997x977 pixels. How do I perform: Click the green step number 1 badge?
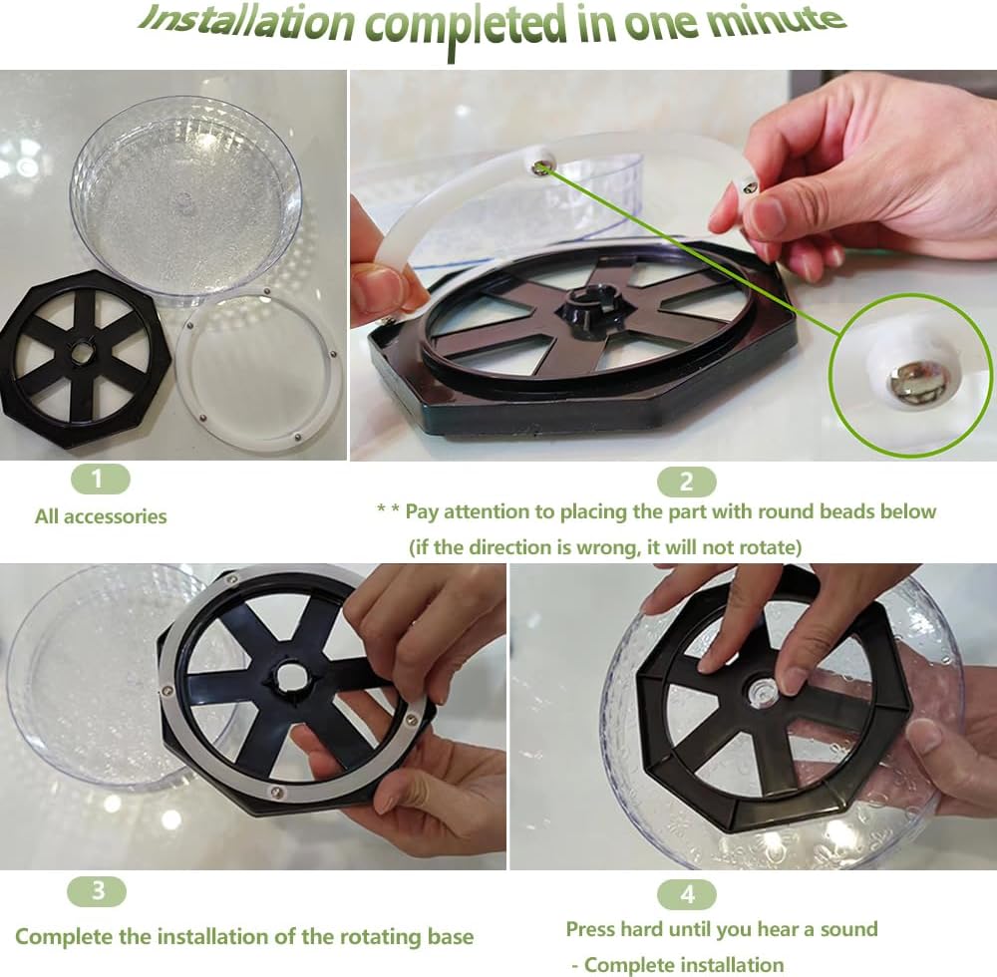click(x=100, y=480)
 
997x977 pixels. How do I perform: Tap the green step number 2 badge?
click(x=687, y=483)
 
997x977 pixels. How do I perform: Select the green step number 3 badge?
click(x=97, y=891)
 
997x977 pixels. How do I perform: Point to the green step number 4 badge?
click(x=687, y=895)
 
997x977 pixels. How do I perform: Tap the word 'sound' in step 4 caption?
click(x=848, y=929)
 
